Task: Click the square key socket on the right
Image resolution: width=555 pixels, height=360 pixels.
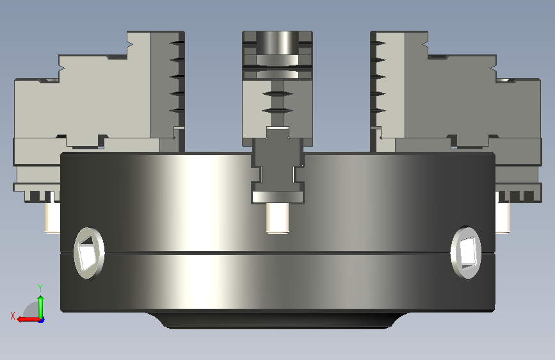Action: [x=466, y=252]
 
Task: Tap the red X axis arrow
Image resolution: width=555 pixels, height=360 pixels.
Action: [x=28, y=320]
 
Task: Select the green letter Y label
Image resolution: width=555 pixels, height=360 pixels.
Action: [x=40, y=288]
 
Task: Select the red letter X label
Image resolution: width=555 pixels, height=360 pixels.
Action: [x=13, y=316]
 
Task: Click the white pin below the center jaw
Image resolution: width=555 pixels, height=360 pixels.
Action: [x=278, y=218]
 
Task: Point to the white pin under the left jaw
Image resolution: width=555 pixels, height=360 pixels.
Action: [x=52, y=215]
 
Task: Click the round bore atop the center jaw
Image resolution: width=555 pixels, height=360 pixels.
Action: [x=278, y=42]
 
